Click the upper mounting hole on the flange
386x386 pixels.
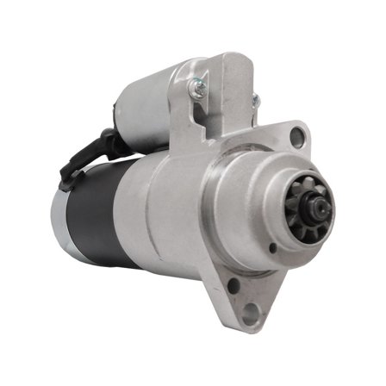click(x=297, y=134)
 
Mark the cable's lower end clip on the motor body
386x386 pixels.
click(x=65, y=177)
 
